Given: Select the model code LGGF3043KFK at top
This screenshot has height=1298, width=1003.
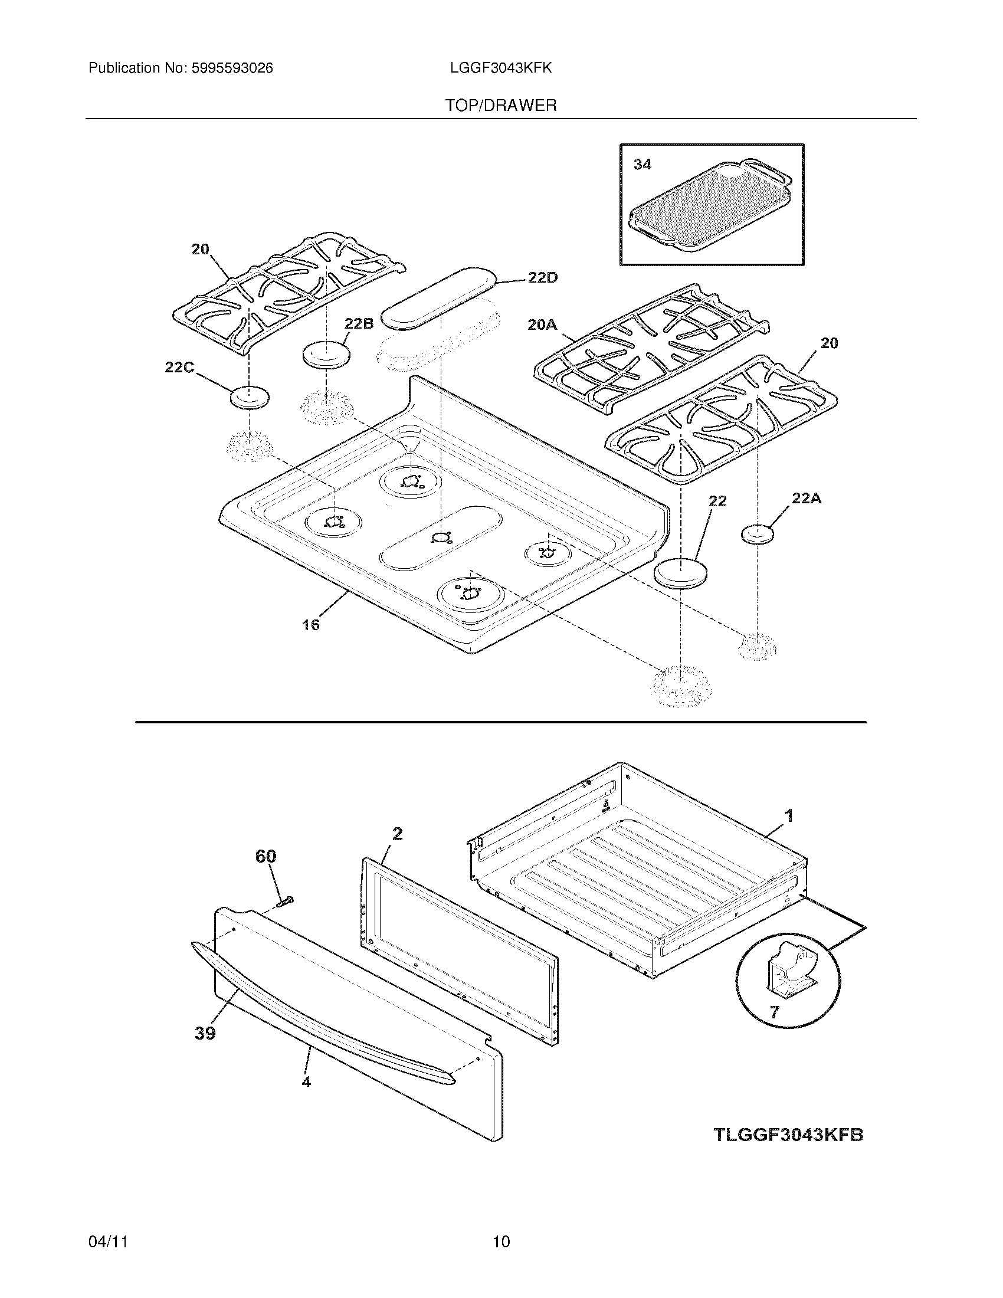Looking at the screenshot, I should click(501, 68).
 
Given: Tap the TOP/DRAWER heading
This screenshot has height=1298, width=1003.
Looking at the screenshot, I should click(501, 106).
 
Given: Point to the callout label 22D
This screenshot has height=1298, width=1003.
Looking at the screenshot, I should click(542, 278).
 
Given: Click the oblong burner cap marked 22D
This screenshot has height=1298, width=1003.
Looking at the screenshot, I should click(438, 297).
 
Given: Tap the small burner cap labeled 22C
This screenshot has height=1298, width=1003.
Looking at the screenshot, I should click(249, 397).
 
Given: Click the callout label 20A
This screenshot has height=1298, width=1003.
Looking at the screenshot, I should click(542, 324).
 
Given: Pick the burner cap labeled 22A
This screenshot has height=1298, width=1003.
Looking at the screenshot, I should click(758, 535).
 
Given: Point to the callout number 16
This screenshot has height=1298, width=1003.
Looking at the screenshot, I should click(310, 624).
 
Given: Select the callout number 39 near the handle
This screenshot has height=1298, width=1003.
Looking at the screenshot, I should click(205, 1034).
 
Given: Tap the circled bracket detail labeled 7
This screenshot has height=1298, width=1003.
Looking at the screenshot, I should click(788, 978).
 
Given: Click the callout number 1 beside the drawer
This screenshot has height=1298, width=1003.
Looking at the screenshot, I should click(788, 816).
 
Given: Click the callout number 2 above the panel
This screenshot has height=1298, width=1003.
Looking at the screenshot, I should click(398, 834).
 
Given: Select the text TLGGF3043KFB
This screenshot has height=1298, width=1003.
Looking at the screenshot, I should click(788, 1135).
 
